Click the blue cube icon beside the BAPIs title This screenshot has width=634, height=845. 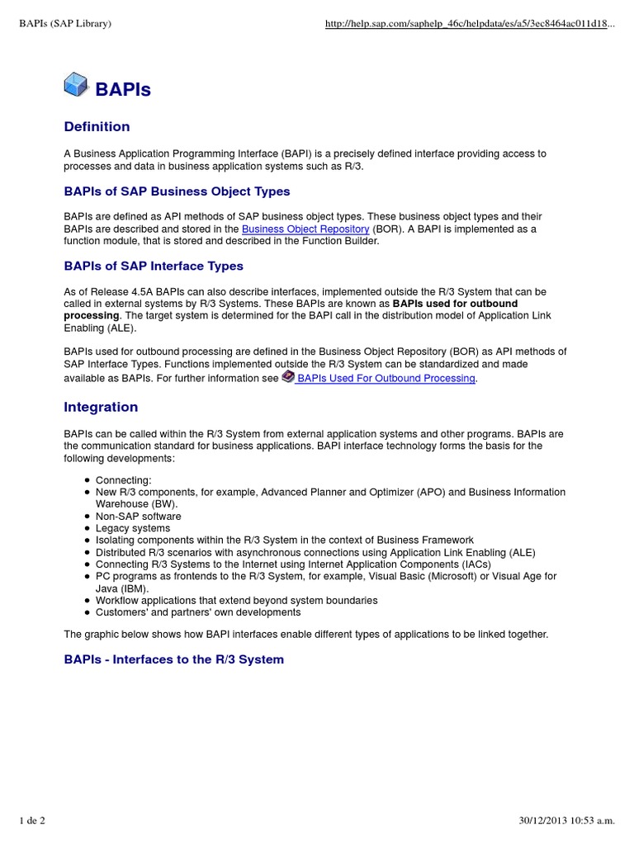(76, 85)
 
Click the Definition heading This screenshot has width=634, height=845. (97, 126)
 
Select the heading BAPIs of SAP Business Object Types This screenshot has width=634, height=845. (177, 191)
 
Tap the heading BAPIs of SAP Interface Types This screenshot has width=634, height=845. (154, 266)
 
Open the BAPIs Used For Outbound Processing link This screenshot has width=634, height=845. (386, 378)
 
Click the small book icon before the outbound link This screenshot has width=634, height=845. (287, 376)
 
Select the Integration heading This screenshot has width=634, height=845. (101, 407)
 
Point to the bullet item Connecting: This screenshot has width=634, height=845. (123, 480)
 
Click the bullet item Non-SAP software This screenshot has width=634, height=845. (138, 517)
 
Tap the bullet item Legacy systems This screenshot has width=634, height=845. (132, 528)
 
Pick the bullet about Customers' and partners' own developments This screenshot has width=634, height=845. (198, 612)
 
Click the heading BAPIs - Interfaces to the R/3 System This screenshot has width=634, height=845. (173, 659)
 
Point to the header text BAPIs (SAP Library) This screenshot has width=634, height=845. (65, 24)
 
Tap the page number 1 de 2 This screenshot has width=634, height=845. (32, 819)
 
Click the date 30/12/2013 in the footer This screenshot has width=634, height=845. (536, 819)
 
